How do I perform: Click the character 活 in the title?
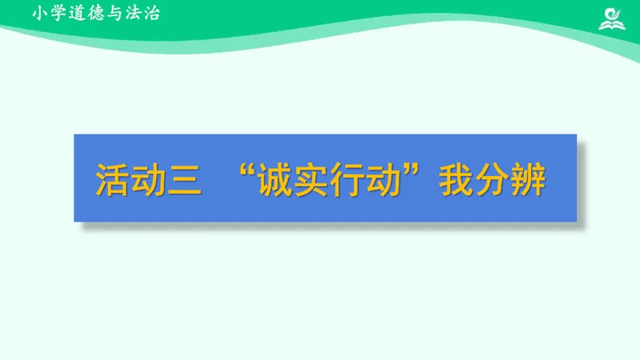111,178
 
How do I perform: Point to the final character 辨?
529,178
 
